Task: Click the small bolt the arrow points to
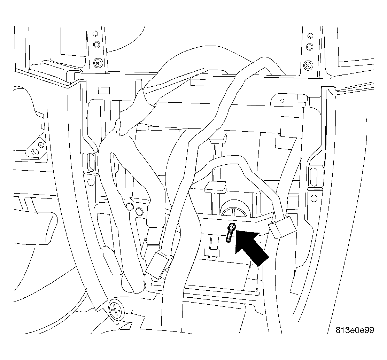(230, 232)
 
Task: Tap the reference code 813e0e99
(355, 330)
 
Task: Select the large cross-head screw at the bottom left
(116, 310)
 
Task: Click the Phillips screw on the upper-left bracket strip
(98, 63)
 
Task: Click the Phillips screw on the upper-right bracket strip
(308, 65)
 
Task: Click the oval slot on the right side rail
(314, 177)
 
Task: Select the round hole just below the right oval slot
(314, 198)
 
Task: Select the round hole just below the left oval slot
(91, 182)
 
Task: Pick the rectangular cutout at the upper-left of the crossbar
(104, 90)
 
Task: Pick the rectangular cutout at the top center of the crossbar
(198, 83)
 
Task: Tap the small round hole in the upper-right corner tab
(282, 101)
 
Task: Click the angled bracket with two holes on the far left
(37, 148)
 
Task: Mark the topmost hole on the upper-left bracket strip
(95, 33)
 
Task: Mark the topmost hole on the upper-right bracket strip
(310, 36)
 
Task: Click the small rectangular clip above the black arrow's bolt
(215, 187)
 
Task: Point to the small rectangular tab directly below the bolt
(212, 253)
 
